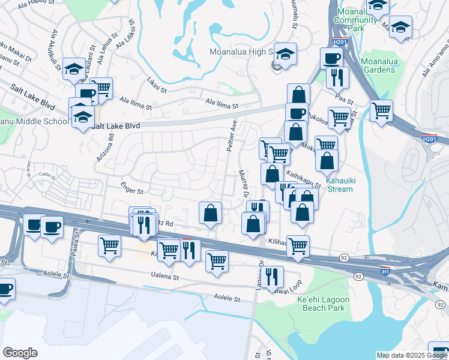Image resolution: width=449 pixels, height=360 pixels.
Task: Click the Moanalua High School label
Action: coord(241,52)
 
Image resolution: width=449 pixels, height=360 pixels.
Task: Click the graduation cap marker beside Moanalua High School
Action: coord(286,53)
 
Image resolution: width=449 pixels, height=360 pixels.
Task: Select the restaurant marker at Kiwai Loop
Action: coord(273,277)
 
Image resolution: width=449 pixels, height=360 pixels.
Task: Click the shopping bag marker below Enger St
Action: coord(211,213)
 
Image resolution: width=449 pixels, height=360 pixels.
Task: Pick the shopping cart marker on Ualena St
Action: coord(216,260)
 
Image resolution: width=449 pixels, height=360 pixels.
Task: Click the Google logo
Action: coord(20,353)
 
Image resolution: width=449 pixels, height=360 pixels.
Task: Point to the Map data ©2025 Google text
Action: coord(412,355)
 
